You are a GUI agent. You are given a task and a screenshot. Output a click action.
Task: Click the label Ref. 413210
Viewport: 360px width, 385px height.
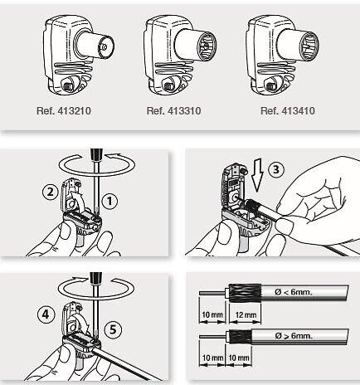(64, 111)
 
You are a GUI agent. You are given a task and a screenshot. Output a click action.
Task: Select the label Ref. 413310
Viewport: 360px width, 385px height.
(173, 111)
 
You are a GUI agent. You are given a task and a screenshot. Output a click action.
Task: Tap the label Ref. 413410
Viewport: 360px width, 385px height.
(288, 111)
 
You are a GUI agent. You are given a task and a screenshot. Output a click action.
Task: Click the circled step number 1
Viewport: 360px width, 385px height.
(110, 202)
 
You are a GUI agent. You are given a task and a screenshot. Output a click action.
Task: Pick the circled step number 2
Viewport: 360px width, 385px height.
(51, 192)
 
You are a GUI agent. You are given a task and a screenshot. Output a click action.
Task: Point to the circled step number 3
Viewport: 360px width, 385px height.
(276, 169)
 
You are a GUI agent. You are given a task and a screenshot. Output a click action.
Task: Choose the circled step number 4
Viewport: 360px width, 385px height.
(46, 314)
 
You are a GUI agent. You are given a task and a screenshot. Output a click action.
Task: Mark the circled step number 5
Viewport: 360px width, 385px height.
(114, 329)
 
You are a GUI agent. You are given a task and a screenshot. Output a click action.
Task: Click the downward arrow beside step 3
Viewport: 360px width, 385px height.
(258, 176)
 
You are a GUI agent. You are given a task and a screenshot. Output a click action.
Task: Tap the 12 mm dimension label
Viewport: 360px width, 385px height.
(246, 314)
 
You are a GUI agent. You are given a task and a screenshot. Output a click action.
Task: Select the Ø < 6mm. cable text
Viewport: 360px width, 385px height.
(294, 292)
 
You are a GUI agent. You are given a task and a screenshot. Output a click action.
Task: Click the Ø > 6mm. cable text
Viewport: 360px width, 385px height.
(294, 336)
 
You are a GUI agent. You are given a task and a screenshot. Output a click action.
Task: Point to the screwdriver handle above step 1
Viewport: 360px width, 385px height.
(96, 154)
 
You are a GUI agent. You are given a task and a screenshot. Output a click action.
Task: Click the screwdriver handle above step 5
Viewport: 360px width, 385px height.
(96, 278)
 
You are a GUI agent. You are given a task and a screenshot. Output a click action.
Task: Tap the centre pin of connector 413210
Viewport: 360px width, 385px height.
(104, 47)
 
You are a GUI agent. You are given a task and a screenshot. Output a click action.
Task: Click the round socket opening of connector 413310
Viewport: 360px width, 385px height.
(207, 46)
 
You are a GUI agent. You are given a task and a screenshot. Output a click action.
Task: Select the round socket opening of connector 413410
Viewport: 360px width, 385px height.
(309, 46)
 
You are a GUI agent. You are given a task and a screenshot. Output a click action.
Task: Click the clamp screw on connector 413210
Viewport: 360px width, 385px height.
(67, 87)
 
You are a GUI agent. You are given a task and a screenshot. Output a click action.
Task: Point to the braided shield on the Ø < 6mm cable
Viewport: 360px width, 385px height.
(246, 293)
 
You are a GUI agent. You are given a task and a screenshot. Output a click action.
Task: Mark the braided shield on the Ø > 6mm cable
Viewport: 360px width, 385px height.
(240, 337)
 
